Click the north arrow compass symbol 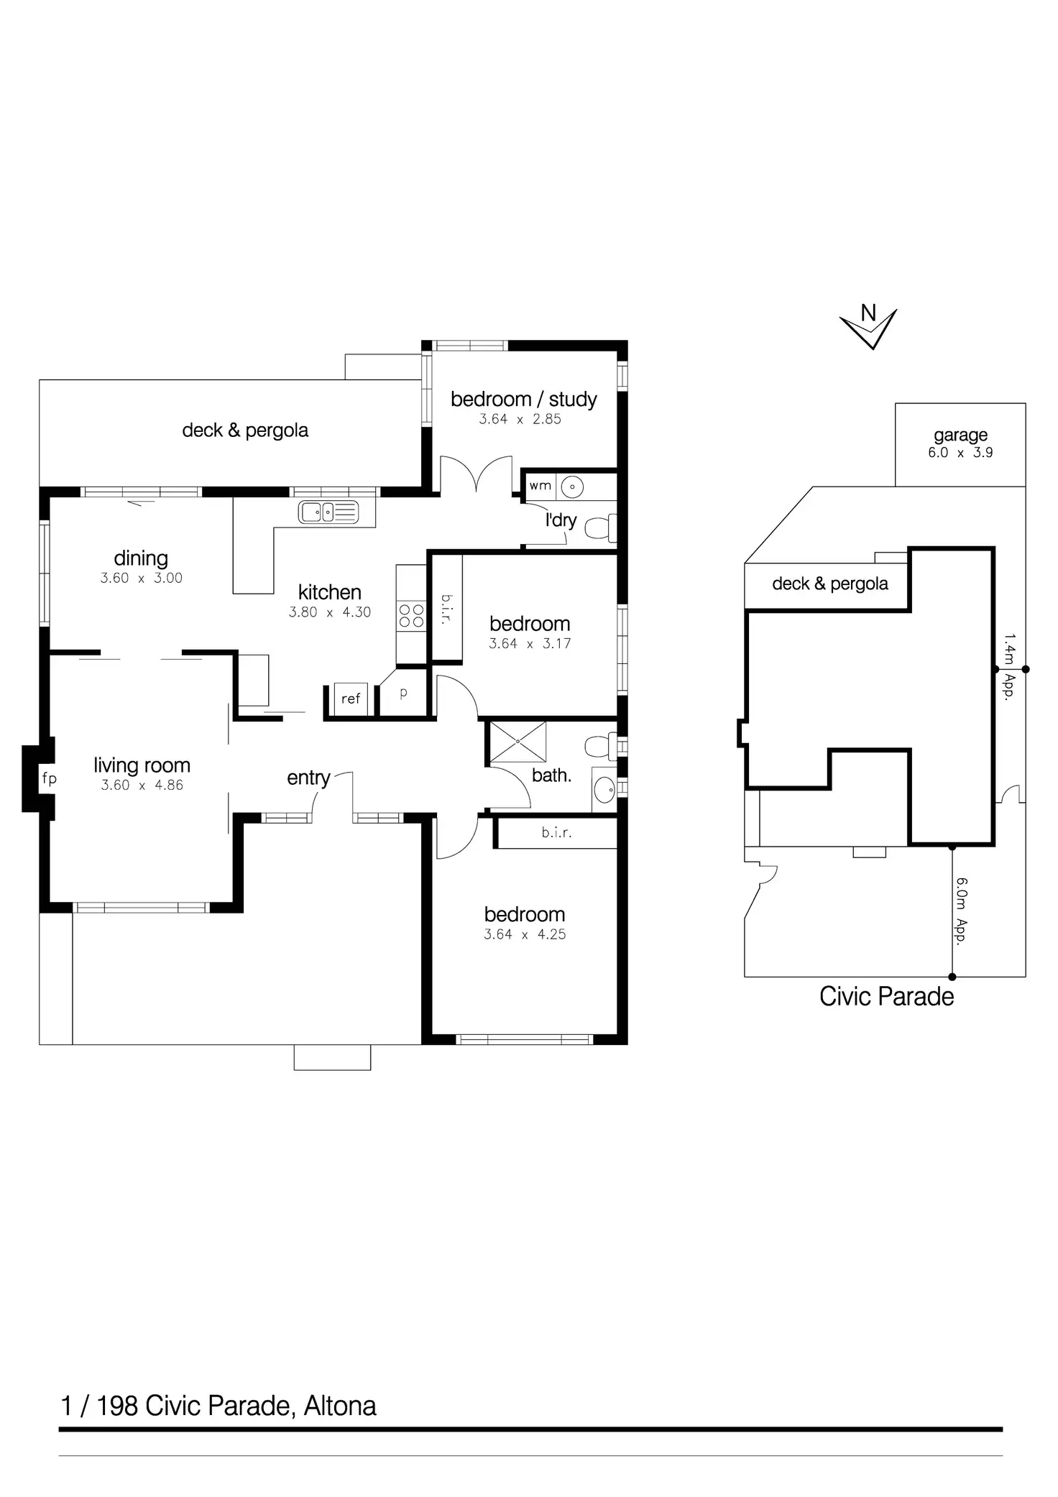(868, 326)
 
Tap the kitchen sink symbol (328, 512)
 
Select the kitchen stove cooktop (411, 616)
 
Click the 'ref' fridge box (351, 699)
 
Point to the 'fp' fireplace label (49, 778)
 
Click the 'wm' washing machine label (540, 486)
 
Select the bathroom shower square (517, 741)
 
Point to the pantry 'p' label (403, 693)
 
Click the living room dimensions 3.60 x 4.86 (142, 786)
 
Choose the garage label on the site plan (960, 435)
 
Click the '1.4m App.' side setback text (1009, 667)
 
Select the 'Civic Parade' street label (886, 997)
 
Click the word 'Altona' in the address (340, 1406)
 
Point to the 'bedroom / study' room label (523, 400)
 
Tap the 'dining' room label (141, 558)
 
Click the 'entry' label (308, 778)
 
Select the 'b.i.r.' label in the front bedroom (556, 834)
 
